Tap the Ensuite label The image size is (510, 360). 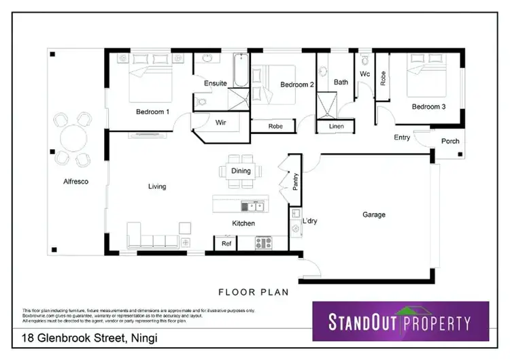[x=215, y=83]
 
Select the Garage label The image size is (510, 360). [x=373, y=215]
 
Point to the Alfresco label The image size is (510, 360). [x=76, y=182]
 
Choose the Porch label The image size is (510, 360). [x=450, y=142]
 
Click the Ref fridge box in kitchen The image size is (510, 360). [x=226, y=242]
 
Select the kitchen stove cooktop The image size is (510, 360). [x=263, y=242]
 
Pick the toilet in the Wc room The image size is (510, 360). [x=365, y=60]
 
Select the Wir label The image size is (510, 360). [x=220, y=123]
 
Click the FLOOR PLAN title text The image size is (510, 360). [x=253, y=293]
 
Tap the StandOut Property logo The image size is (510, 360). [x=400, y=321]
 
